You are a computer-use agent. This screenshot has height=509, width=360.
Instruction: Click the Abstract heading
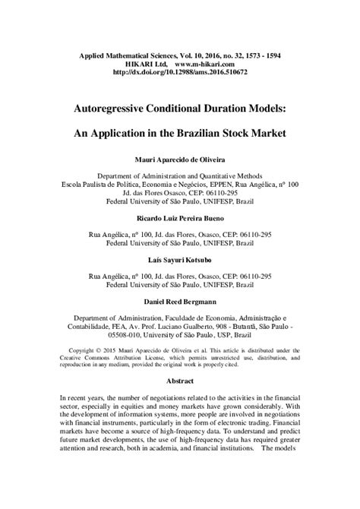180,397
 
